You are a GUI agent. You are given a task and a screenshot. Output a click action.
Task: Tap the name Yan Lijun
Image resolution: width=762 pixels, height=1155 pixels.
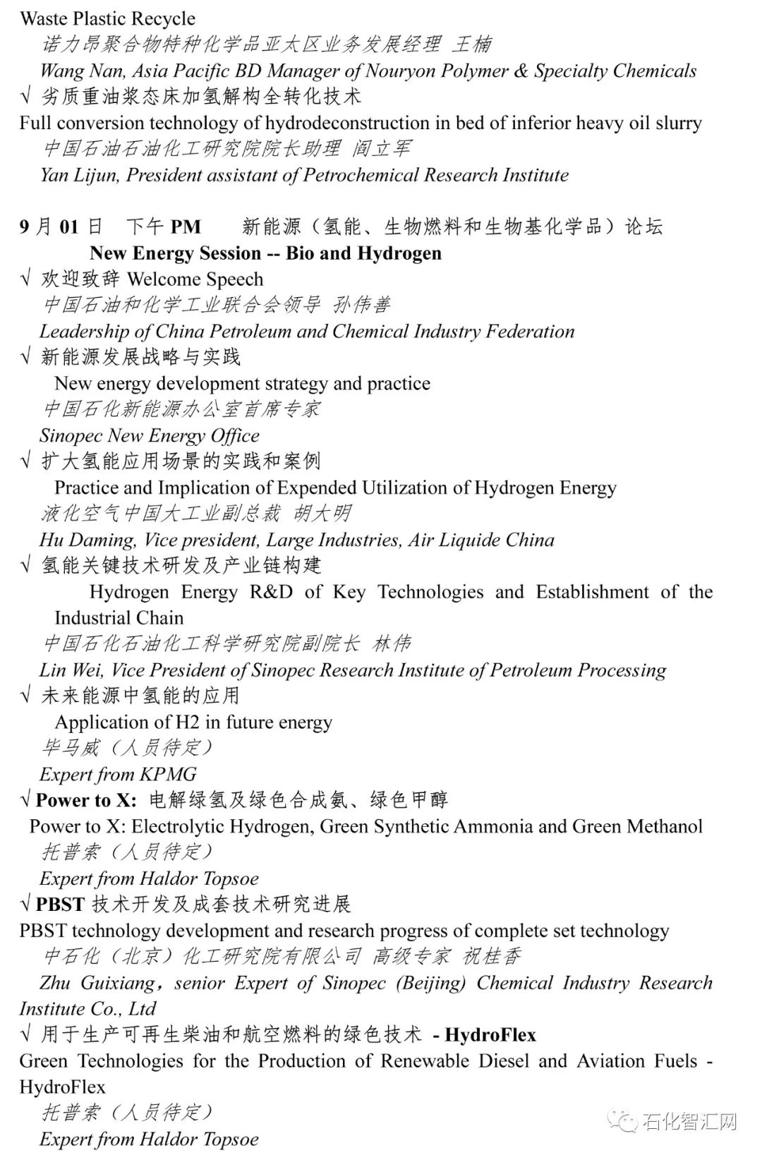click(80, 175)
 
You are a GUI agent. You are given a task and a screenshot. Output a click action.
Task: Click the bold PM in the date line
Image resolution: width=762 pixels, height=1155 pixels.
click(186, 227)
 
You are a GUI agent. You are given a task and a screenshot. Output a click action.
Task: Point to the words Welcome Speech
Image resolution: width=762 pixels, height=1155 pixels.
click(195, 279)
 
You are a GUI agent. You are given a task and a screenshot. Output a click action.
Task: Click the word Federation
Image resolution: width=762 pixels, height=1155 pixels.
click(529, 332)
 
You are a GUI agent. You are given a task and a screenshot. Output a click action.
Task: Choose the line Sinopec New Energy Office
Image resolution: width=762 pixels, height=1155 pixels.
click(150, 435)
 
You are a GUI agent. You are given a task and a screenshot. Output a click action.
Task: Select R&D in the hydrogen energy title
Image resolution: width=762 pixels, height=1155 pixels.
click(271, 592)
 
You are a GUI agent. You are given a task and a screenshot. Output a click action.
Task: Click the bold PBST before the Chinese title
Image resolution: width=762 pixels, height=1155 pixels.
click(61, 905)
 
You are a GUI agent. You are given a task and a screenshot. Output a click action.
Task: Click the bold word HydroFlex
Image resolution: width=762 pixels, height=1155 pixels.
click(490, 1035)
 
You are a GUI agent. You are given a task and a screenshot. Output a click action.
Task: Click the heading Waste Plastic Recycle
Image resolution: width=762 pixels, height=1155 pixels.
click(107, 18)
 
